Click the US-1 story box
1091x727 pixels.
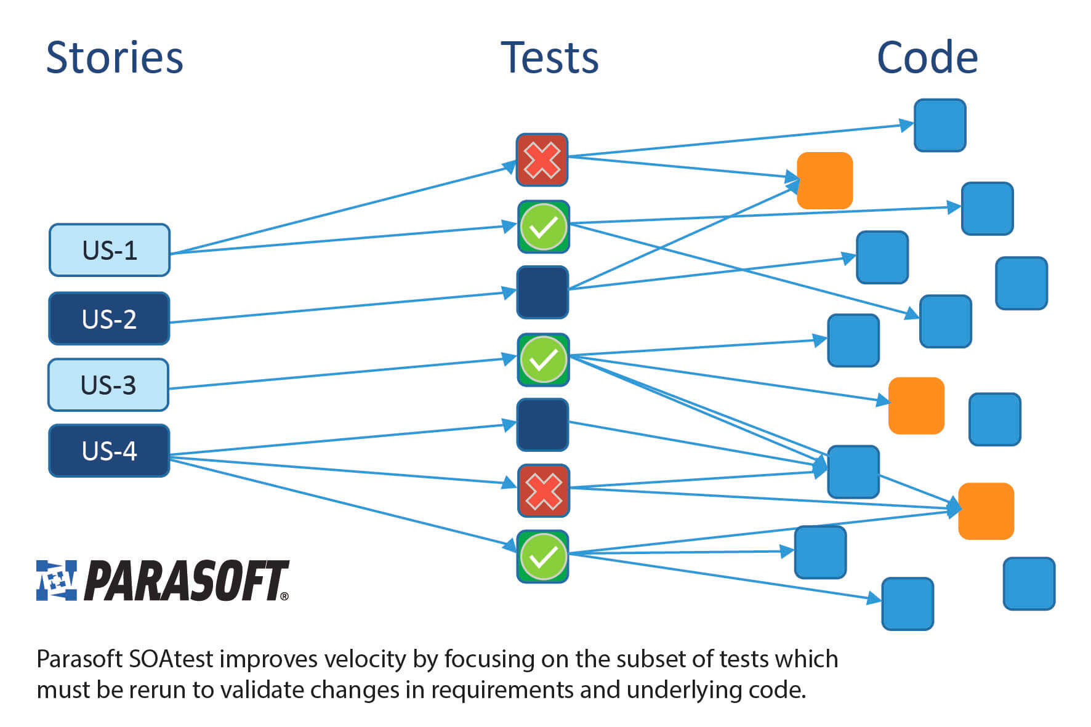[109, 250]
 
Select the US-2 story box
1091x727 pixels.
[109, 319]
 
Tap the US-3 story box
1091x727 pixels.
[108, 385]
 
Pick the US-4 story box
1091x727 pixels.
[109, 451]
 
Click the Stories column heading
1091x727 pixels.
[115, 58]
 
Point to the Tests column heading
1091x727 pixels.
[549, 58]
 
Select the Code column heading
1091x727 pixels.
[927, 58]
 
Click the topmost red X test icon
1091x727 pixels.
[542, 160]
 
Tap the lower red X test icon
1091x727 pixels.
[543, 491]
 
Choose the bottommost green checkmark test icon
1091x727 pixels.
[543, 556]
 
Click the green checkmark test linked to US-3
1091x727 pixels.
[543, 359]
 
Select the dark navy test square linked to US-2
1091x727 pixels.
[542, 292]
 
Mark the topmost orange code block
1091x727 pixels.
[824, 180]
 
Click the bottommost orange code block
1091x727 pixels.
[986, 511]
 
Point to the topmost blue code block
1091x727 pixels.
[940, 126]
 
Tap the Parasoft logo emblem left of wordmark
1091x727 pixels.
[57, 580]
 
